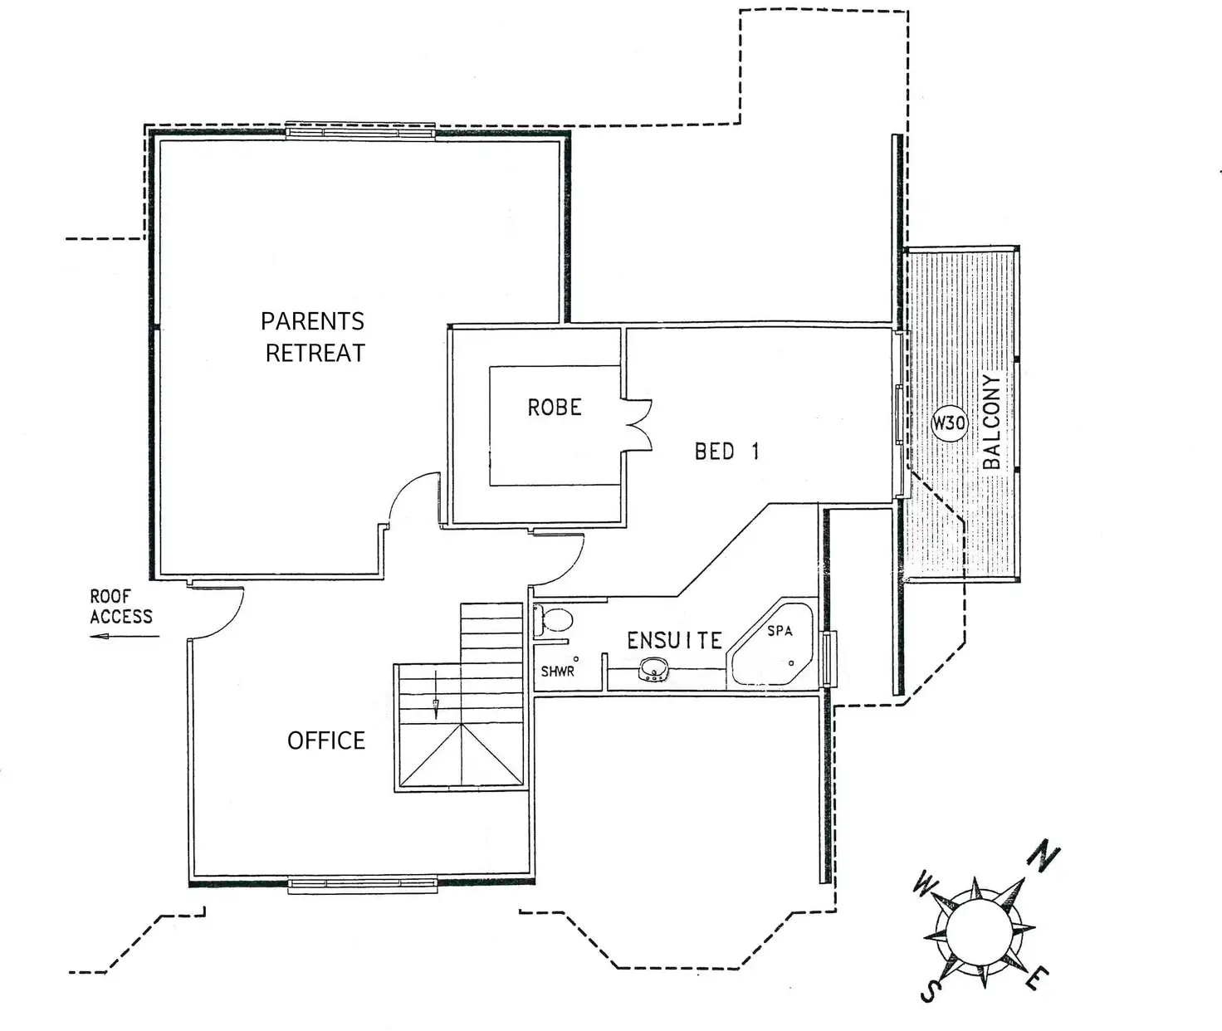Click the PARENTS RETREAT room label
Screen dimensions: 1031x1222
pyautogui.click(x=314, y=337)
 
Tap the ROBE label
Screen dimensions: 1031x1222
pyautogui.click(x=555, y=408)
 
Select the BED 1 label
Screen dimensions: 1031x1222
pyautogui.click(x=726, y=452)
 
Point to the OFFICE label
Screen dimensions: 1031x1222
pyautogui.click(x=326, y=740)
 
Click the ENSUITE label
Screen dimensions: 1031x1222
pyautogui.click(x=674, y=641)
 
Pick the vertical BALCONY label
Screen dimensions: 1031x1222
pyautogui.click(x=991, y=422)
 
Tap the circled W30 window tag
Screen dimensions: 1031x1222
pyautogui.click(x=949, y=423)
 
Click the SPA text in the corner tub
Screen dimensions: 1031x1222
pyautogui.click(x=780, y=631)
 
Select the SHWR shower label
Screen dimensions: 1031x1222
pyautogui.click(x=557, y=671)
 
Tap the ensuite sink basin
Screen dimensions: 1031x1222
pyautogui.click(x=654, y=668)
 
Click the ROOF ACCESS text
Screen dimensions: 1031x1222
pyautogui.click(x=121, y=607)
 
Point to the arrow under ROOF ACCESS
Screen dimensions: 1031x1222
pyautogui.click(x=125, y=637)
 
